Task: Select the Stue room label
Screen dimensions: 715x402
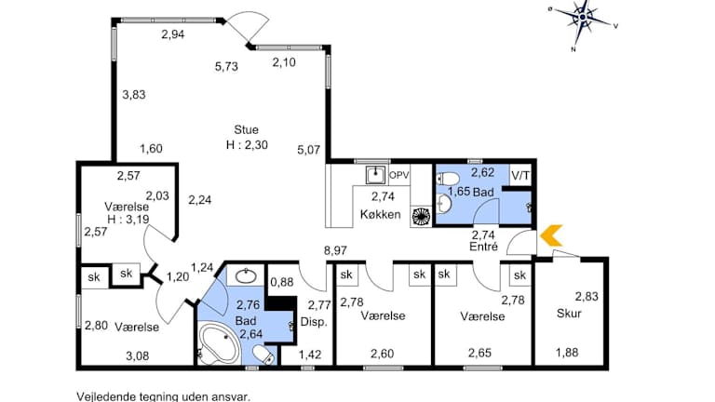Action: (x=246, y=130)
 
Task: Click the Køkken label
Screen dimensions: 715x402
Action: (x=380, y=214)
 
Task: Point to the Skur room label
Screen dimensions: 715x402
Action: (x=569, y=314)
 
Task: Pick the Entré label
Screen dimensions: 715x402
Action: (x=483, y=247)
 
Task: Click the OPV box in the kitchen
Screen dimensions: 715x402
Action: (x=398, y=175)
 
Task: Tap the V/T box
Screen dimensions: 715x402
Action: (x=520, y=176)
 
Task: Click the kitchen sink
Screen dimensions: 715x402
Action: (x=376, y=175)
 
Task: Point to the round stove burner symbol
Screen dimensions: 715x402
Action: (x=422, y=217)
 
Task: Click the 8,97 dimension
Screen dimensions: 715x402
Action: (x=335, y=250)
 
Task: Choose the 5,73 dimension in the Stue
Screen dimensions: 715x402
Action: (x=226, y=67)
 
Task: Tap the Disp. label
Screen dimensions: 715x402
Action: (x=314, y=322)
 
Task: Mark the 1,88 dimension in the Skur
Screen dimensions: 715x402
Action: (x=567, y=353)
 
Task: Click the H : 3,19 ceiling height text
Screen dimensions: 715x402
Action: (x=128, y=220)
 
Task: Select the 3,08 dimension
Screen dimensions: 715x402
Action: (x=137, y=356)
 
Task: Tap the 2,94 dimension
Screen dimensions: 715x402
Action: (x=173, y=34)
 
